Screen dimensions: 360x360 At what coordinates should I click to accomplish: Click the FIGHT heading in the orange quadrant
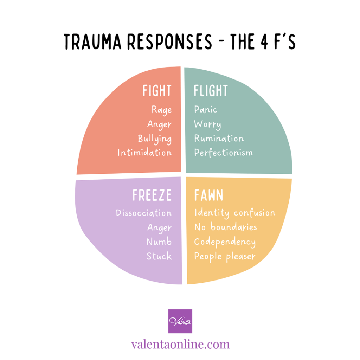[157, 91]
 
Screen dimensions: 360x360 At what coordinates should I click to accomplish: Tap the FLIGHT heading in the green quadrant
[211, 91]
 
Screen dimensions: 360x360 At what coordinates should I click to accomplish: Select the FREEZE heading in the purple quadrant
[152, 196]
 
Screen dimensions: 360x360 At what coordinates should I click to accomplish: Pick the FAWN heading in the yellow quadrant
[208, 196]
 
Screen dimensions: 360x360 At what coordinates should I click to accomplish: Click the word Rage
[161, 110]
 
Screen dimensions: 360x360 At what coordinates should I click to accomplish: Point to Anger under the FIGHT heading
[159, 124]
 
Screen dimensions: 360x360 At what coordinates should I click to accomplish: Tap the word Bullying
[155, 139]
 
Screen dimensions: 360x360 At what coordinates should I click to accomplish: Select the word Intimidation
[144, 153]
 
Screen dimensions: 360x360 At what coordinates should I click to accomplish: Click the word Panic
[206, 110]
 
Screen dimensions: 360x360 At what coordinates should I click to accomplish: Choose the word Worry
[207, 124]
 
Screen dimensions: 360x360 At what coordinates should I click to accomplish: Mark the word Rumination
[219, 139]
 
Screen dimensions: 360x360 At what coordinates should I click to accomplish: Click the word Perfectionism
[223, 153]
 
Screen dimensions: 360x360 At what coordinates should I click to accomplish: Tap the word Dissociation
[144, 213]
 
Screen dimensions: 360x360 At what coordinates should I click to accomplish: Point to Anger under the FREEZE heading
[159, 228]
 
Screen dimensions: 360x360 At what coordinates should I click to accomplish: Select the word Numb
[159, 242]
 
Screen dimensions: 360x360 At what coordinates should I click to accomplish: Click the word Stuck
[159, 256]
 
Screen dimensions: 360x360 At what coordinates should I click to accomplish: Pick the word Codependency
[225, 242]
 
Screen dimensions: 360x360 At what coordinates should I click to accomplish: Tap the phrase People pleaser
[225, 256]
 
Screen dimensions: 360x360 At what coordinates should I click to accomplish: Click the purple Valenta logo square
[180, 321]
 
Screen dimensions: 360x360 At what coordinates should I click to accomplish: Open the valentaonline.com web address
[180, 344]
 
